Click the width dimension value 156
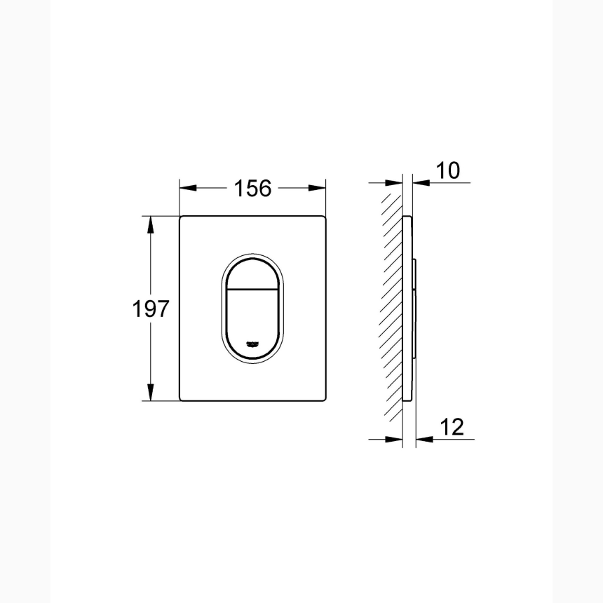pos(252,188)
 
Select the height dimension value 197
pos(151,309)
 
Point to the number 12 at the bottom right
pos(453,426)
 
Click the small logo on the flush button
pos(252,344)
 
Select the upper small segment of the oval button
pos(252,273)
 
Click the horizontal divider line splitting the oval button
pos(252,289)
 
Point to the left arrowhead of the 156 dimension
pos(186,188)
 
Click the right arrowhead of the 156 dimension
pos(320,188)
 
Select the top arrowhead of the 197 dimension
pos(149,223)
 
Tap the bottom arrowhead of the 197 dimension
pos(149,394)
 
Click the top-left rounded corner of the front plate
pos(182,218)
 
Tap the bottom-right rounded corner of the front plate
pos(324,399)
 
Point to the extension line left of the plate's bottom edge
pos(161,401)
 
